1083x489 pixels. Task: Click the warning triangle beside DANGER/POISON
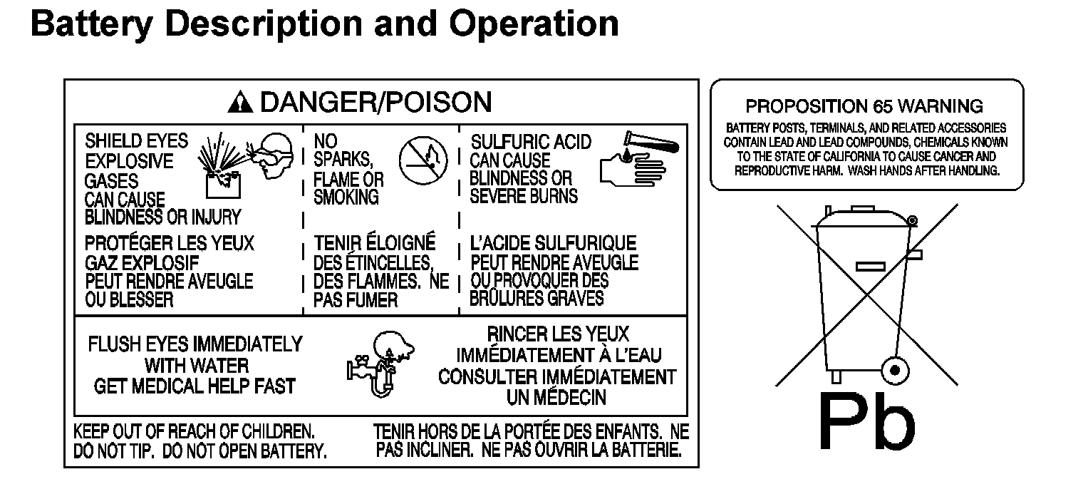point(241,104)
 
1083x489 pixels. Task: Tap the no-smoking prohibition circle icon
point(423,161)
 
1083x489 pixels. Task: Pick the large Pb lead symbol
point(865,422)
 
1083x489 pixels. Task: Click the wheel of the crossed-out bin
point(893,370)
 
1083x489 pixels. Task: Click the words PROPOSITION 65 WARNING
point(864,107)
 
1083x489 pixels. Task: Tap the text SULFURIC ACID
point(531,142)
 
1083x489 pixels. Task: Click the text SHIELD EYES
point(136,140)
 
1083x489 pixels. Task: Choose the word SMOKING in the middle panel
point(347,197)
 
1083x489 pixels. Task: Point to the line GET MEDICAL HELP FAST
point(195,386)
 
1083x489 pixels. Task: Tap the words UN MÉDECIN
point(556,397)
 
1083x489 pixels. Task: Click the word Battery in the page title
point(92,24)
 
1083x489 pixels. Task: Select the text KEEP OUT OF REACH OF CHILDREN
point(195,431)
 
